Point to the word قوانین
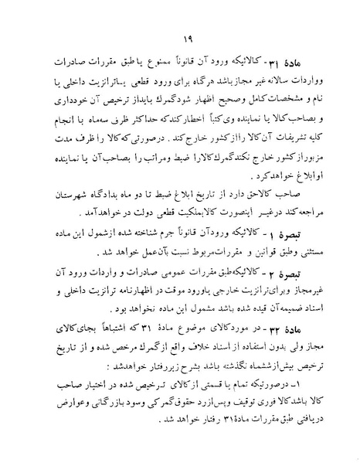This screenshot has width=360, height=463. pyautogui.click(x=236, y=251)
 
